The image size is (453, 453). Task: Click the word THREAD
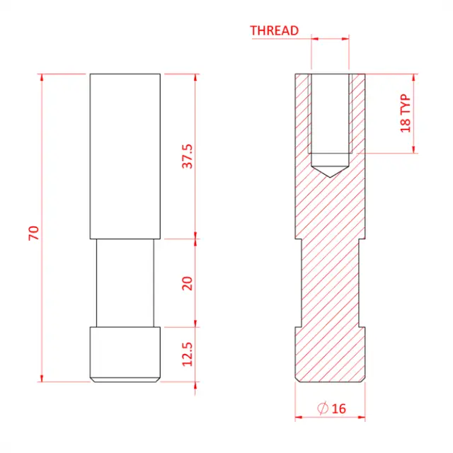(274, 30)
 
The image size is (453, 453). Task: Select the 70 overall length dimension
(33, 234)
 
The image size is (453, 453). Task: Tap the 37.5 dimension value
(188, 156)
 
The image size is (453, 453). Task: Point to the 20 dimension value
(188, 283)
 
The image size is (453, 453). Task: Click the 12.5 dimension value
(188, 354)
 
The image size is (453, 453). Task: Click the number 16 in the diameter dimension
(338, 408)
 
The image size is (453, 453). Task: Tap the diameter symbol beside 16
(323, 408)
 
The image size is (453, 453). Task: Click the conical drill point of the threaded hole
(330, 170)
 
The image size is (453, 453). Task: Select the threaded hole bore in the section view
(330, 113)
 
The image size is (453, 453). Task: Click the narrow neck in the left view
(125, 283)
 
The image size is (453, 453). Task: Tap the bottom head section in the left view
(125, 354)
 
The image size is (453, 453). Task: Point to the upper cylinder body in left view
(125, 156)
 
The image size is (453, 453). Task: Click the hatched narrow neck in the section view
(330, 283)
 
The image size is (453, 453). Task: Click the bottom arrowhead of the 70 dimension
(42, 378)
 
